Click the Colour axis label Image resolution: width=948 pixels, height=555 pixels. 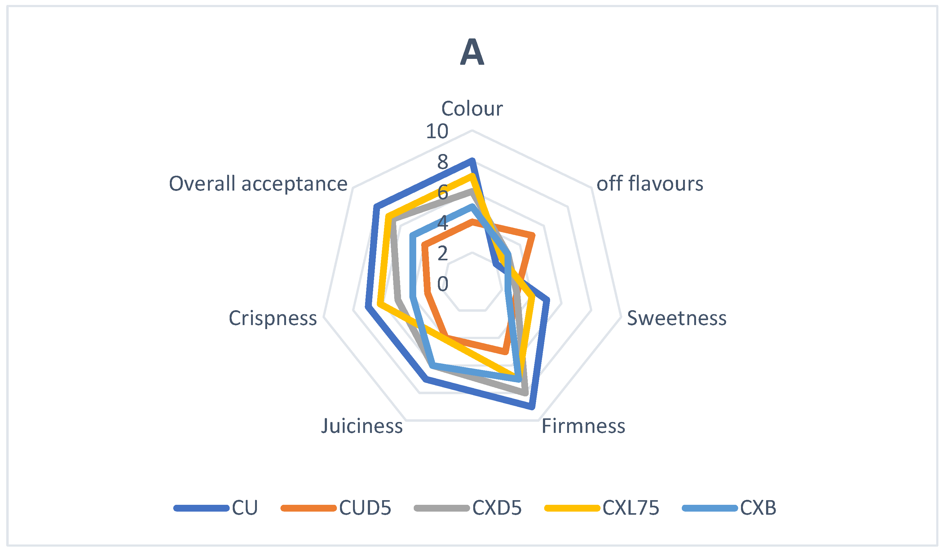(x=472, y=109)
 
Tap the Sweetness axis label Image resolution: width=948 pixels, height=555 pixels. (x=677, y=318)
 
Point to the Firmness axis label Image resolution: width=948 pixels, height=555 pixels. (x=583, y=426)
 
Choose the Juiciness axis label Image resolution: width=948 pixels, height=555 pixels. (x=362, y=426)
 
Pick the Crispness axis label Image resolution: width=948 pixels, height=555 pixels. (x=273, y=318)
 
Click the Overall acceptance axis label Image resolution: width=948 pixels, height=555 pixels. (x=258, y=184)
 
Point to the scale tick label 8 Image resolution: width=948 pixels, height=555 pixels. (x=443, y=162)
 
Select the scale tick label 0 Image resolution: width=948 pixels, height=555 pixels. (x=443, y=284)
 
